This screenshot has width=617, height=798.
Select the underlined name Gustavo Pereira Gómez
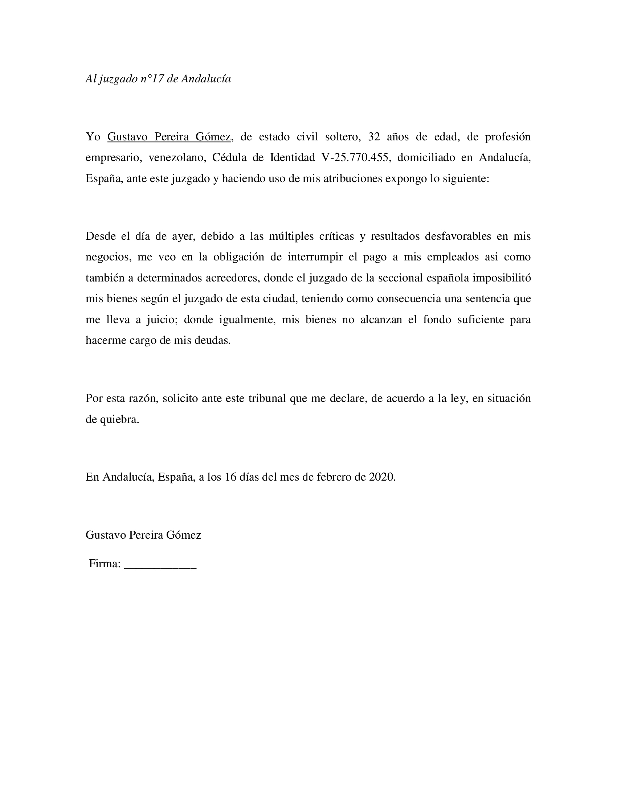click(x=169, y=137)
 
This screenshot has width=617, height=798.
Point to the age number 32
click(x=374, y=137)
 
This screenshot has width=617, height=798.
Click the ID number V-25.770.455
click(x=355, y=157)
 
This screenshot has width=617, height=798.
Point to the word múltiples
click(x=291, y=236)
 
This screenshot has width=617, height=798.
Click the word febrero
click(x=334, y=477)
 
